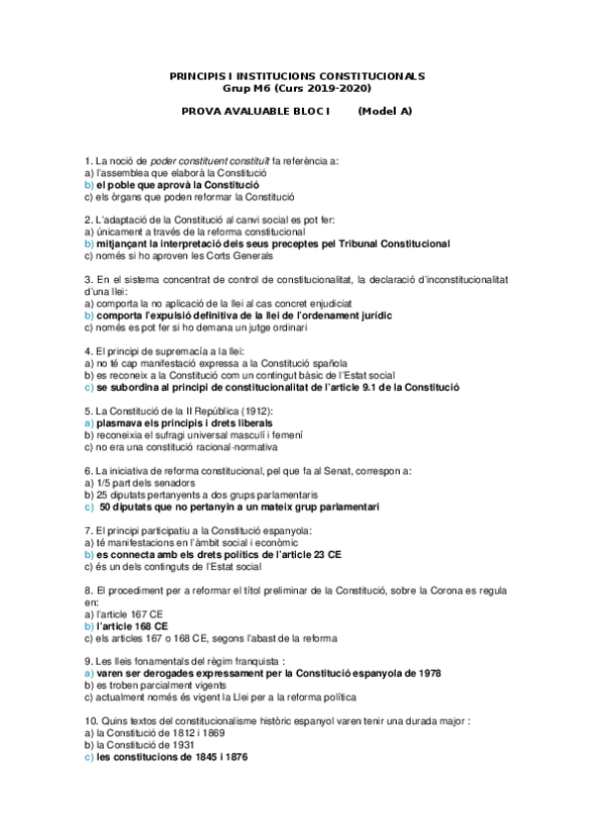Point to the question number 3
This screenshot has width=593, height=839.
(89, 280)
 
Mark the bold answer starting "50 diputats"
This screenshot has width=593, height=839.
(239, 507)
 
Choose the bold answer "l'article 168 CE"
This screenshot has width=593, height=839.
(132, 626)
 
